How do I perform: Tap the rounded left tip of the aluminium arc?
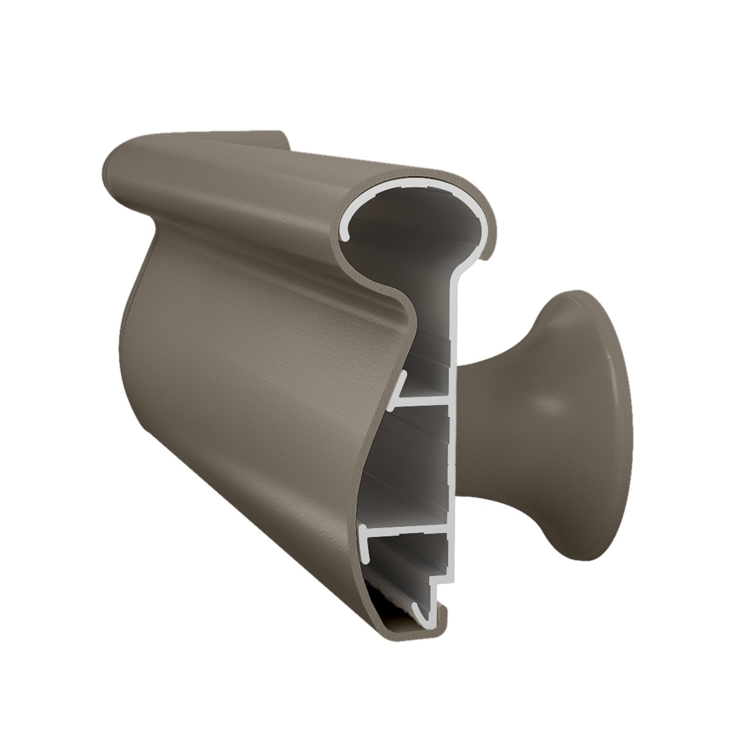[x=347, y=237]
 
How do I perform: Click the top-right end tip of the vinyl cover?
[x=485, y=258]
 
